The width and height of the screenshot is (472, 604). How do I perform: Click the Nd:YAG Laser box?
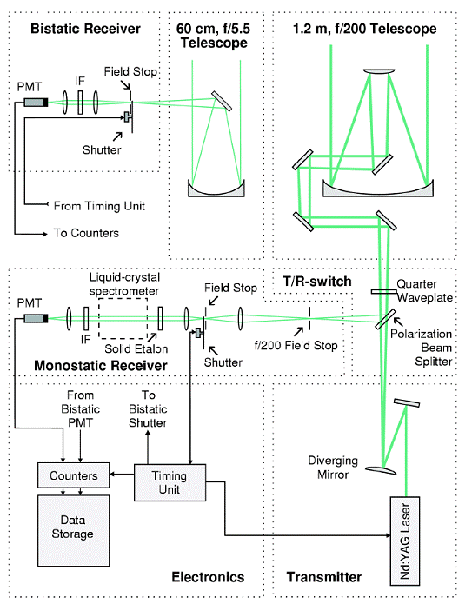[404, 541]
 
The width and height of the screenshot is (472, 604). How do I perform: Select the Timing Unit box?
[170, 482]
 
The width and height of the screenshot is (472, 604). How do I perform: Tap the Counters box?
[74, 475]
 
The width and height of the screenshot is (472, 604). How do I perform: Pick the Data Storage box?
[74, 530]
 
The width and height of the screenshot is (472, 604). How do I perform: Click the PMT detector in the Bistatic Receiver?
[36, 102]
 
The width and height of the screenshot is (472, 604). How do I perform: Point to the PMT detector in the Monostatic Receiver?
[36, 318]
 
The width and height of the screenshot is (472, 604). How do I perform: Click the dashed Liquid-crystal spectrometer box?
[123, 318]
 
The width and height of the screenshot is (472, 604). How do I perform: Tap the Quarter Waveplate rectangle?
[383, 292]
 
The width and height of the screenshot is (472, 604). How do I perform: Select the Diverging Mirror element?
[381, 470]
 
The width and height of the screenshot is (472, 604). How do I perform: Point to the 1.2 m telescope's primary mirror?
[378, 190]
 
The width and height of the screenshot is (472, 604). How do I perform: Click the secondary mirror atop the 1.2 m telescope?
[379, 71]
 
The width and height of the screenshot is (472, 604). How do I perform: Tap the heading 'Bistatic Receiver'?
[85, 29]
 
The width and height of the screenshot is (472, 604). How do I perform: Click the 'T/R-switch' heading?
[317, 282]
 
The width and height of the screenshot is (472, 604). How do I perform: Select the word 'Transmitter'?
[324, 577]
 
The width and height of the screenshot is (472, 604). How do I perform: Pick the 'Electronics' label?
[208, 577]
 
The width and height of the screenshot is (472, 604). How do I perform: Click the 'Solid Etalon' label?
[136, 348]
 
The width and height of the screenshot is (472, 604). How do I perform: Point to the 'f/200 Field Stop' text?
[296, 346]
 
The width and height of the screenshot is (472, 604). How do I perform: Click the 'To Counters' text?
[86, 233]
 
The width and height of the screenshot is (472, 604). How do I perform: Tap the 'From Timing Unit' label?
[99, 206]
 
